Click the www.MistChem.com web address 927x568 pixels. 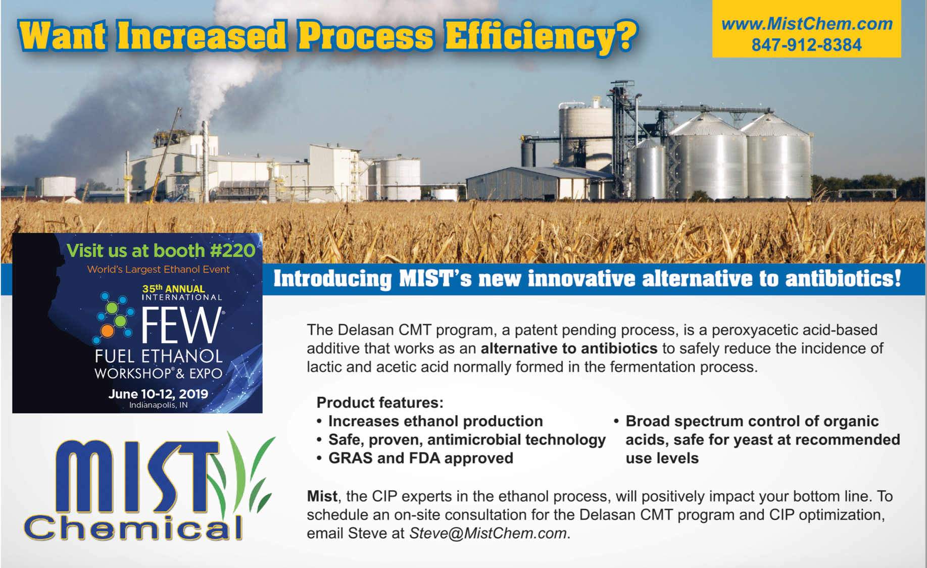click(x=807, y=24)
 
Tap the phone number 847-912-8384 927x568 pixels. click(x=806, y=45)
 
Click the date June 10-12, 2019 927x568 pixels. click(x=158, y=394)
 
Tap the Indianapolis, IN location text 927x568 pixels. click(x=159, y=405)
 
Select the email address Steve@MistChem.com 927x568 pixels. click(x=487, y=534)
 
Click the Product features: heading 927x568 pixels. click(x=380, y=402)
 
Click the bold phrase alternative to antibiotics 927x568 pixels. click(x=569, y=348)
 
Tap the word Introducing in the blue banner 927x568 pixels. click(x=333, y=279)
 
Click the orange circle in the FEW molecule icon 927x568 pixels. click(x=107, y=331)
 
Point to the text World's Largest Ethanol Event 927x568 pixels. click(x=159, y=269)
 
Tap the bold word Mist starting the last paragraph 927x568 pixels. click(x=322, y=496)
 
